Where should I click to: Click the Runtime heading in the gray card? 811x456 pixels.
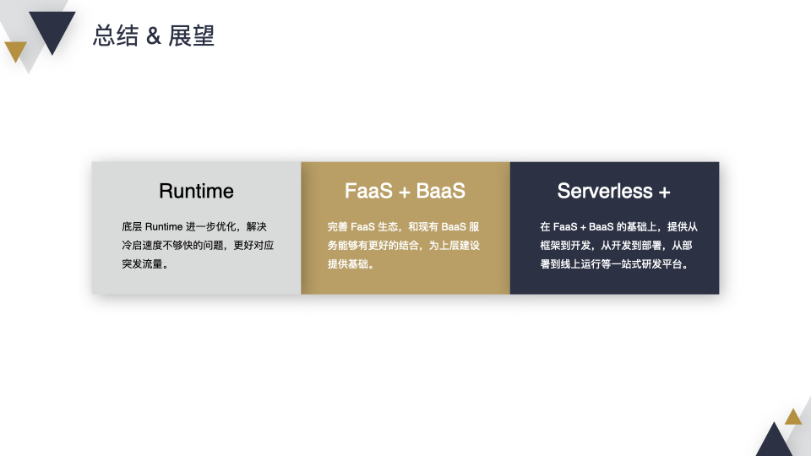coord(196,191)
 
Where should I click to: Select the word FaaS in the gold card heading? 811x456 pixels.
coord(369,191)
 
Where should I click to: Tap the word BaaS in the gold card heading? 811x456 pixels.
coord(441,191)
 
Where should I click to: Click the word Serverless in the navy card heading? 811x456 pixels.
coord(605,191)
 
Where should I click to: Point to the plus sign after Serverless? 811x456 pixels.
coord(665,193)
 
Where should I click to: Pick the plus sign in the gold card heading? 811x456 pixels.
coord(405,193)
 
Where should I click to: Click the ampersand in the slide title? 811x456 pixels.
coord(154,36)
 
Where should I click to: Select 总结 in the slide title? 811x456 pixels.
coord(116,35)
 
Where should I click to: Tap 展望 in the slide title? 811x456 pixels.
coord(192,35)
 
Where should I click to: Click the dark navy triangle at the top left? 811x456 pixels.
coord(52,29)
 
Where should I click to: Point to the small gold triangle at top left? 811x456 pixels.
coord(15,50)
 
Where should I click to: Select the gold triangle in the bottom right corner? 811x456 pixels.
coord(793,418)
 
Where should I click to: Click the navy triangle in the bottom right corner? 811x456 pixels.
coord(775,442)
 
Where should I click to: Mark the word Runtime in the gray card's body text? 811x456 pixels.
coord(163,226)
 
